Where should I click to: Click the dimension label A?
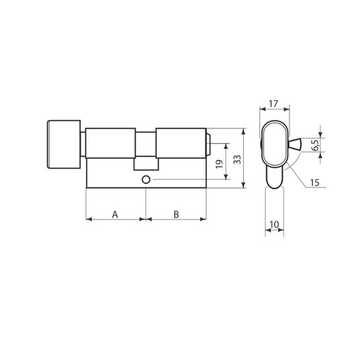(x=115, y=214)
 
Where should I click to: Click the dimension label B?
(x=176, y=214)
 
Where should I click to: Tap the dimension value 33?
(x=237, y=159)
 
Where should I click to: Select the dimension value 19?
(x=219, y=164)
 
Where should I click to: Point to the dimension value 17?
(x=273, y=104)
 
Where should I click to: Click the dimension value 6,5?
(x=316, y=145)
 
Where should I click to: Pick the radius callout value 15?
(x=314, y=183)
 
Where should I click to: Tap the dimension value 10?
(x=274, y=224)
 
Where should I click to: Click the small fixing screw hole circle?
(x=146, y=179)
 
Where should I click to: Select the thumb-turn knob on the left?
(x=64, y=144)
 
